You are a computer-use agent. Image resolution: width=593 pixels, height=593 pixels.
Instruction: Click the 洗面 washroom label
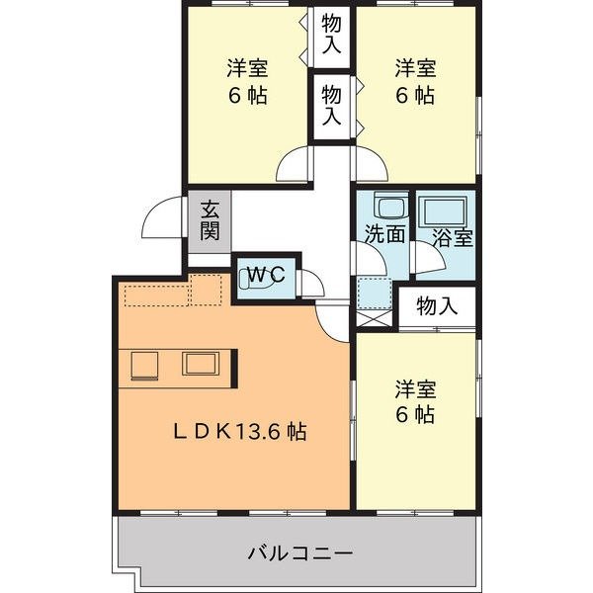click(384, 235)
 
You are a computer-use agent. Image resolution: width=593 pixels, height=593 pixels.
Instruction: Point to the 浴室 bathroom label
click(453, 236)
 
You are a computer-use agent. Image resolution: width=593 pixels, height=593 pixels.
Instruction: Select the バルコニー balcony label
click(300, 551)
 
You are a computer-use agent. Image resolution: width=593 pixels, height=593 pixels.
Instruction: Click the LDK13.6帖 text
click(241, 431)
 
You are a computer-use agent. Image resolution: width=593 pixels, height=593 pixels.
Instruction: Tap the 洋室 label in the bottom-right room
click(416, 387)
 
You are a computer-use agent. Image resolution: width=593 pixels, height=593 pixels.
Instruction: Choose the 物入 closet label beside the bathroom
click(437, 306)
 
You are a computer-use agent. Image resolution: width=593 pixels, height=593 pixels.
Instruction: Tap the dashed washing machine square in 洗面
click(376, 292)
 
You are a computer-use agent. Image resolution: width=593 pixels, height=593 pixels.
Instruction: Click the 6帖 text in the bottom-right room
click(416, 415)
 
